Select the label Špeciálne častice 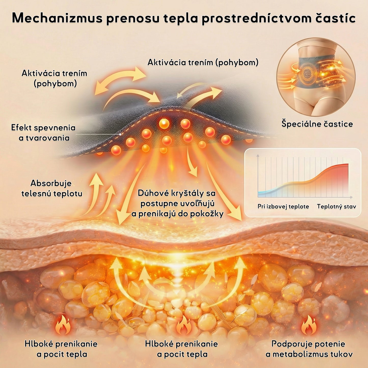point(317,124)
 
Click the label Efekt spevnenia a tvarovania point(44,133)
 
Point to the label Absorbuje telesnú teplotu point(52,188)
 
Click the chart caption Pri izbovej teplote point(283,207)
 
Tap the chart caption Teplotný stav point(336,207)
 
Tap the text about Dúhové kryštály point(177,203)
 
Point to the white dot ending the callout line point(120,134)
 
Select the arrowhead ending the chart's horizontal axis point(351,197)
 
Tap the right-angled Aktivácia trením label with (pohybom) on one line point(203,62)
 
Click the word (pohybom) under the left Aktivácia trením point(55,84)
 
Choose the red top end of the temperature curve point(348,164)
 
